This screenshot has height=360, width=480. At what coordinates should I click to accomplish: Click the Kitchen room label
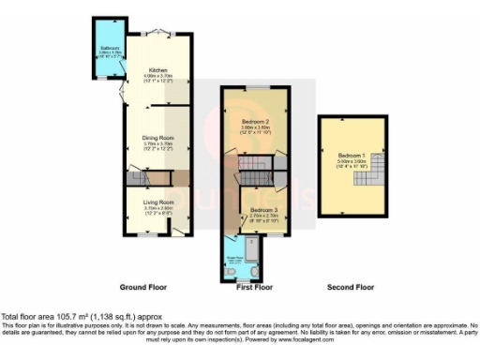(156, 69)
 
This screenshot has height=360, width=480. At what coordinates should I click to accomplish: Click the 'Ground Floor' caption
(144, 286)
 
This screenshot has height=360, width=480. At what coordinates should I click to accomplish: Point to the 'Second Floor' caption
(350, 286)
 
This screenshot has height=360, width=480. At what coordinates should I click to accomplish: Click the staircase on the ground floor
(141, 177)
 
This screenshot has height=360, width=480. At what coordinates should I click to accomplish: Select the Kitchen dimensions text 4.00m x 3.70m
(156, 75)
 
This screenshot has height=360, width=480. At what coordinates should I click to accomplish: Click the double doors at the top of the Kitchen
(159, 32)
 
